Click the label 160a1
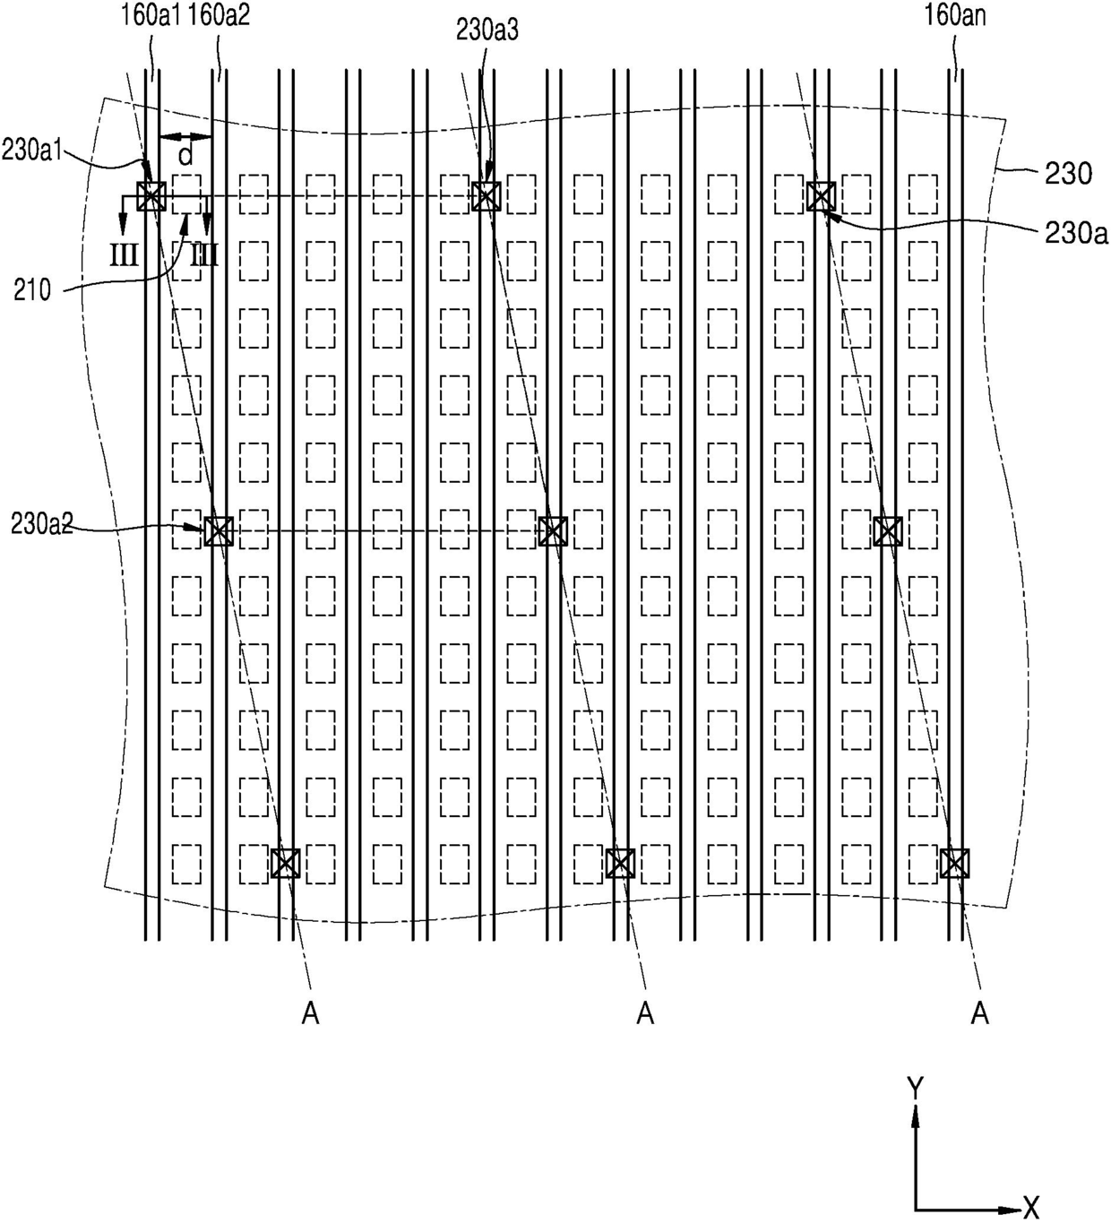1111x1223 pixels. click(150, 16)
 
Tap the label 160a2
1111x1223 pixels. click(219, 16)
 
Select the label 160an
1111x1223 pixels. click(955, 16)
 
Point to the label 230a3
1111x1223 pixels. click(487, 30)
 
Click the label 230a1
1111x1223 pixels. click(32, 150)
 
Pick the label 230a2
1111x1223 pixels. click(42, 524)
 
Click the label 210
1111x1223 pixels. click(32, 291)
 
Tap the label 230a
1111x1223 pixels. click(1076, 233)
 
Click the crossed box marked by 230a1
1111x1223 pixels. click(151, 196)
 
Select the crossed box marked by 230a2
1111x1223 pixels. click(219, 531)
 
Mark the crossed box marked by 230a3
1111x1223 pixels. click(486, 196)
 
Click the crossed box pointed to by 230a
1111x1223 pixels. click(821, 196)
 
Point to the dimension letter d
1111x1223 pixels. click(185, 156)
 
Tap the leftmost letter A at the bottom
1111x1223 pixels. click(310, 1014)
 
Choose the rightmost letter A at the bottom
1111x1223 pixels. click(980, 1014)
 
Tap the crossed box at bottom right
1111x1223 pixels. click(954, 864)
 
